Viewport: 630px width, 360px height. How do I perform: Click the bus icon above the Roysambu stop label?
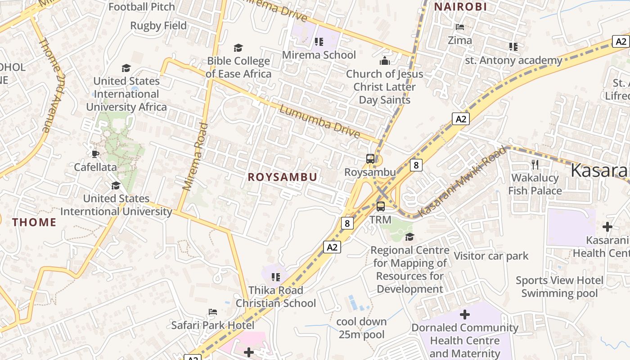(370, 158)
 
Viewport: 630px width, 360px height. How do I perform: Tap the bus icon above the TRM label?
(381, 207)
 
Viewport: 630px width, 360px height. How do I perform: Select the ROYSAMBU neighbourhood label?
(283, 177)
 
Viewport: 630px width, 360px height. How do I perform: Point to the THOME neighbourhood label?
(34, 222)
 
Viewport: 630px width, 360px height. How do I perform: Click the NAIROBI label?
(460, 7)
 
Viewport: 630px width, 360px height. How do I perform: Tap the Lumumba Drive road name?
(319, 121)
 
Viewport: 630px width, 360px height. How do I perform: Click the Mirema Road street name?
(195, 156)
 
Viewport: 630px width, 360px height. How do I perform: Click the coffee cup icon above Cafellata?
(95, 154)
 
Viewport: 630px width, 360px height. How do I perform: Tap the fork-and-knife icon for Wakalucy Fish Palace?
(535, 164)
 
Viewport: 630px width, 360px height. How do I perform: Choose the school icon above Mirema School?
(319, 42)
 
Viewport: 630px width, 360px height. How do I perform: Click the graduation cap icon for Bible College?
(238, 48)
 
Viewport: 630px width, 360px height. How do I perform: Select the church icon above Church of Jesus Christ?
(385, 60)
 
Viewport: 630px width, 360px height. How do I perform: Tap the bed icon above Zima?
(460, 27)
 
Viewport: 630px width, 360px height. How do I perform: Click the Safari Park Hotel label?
(213, 325)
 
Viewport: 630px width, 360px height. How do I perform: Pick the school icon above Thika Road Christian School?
(276, 277)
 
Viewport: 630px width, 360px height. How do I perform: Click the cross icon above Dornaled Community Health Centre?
(465, 314)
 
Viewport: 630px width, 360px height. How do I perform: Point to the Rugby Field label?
(158, 26)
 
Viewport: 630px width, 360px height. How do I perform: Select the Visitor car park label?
(491, 256)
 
